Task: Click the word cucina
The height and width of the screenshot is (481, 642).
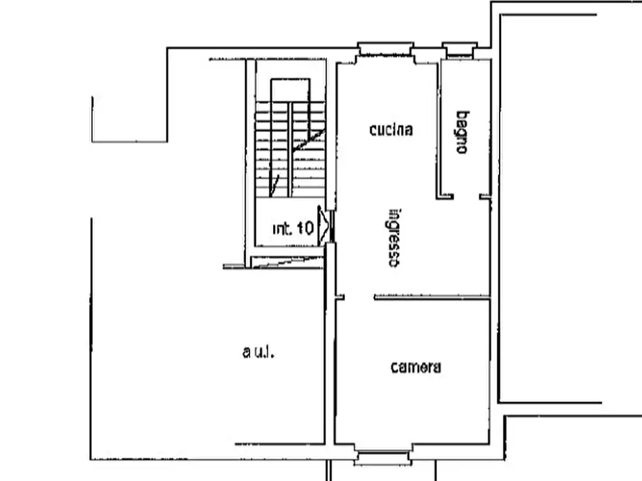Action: tap(391, 130)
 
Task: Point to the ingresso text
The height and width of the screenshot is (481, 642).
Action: tap(394, 238)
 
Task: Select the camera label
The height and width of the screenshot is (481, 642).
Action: tap(416, 367)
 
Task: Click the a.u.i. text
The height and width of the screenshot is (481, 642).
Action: tap(258, 352)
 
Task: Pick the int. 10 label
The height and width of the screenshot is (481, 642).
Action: tap(293, 228)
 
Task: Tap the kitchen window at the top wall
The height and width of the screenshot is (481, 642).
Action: tap(385, 49)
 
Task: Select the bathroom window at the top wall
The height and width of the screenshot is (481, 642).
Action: tap(460, 50)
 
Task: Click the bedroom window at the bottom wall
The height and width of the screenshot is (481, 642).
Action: tap(382, 457)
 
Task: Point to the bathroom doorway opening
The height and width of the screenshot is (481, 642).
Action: tap(467, 197)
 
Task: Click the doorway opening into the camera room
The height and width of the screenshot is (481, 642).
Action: tap(359, 297)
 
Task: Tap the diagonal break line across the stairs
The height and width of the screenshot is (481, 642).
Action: tap(298, 162)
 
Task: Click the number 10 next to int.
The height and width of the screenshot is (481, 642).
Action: tap(305, 228)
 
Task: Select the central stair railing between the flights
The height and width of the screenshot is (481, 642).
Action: tap(290, 149)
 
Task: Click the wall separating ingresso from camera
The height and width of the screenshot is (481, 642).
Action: tap(432, 297)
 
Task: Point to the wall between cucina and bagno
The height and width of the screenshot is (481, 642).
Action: tap(438, 129)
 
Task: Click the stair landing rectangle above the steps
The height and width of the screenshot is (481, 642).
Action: tap(290, 90)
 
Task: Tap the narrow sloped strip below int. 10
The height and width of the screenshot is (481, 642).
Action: tap(287, 262)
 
